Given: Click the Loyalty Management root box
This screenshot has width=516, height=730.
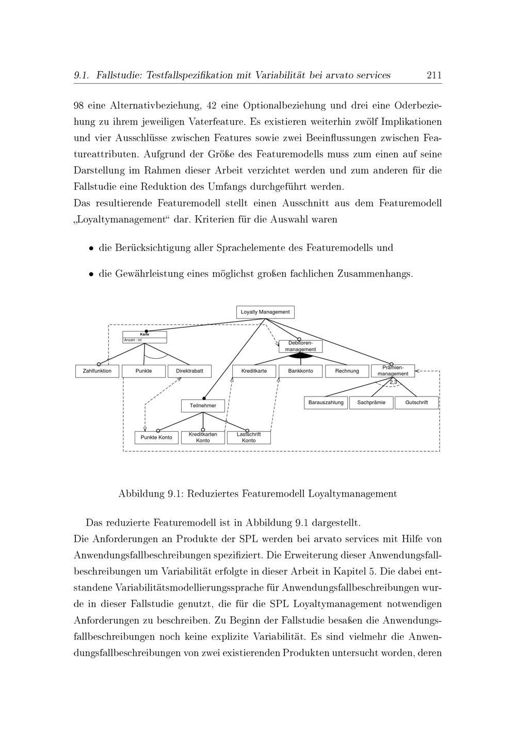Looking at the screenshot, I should pos(265,312).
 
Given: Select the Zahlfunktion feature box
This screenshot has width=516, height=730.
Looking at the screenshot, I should pos(97,371).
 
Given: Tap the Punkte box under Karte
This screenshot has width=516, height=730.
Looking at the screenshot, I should pos(143,371).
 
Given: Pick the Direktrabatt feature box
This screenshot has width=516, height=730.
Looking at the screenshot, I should pos(189,371).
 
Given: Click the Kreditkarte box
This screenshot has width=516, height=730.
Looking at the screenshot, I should pos(254,371).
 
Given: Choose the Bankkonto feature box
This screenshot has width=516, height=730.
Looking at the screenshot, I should pos(300,371).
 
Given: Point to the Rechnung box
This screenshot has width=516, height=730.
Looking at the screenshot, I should pos(347,371).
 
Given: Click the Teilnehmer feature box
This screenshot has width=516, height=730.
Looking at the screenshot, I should pos(203,406).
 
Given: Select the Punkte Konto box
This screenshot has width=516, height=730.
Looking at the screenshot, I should pos(156,438).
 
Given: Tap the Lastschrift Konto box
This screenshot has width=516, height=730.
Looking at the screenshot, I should pos(249,438).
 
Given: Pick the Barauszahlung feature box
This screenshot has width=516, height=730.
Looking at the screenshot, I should pos(326,403).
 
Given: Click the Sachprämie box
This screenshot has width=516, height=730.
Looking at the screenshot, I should pos(371,403).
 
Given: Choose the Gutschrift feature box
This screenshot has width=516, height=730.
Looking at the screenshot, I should pos(416,403).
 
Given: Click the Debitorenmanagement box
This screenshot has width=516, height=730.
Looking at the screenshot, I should pos(300,346).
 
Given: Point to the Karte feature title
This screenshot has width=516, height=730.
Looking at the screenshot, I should pos(144,335).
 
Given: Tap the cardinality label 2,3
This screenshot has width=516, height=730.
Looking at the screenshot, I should pos(393,382).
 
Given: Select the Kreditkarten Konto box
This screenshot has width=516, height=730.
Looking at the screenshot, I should pos(203,438).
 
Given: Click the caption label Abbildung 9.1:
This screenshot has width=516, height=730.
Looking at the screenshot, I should pos(151,494).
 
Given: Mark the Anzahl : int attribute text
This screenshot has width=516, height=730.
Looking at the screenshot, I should pos(133,340).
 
